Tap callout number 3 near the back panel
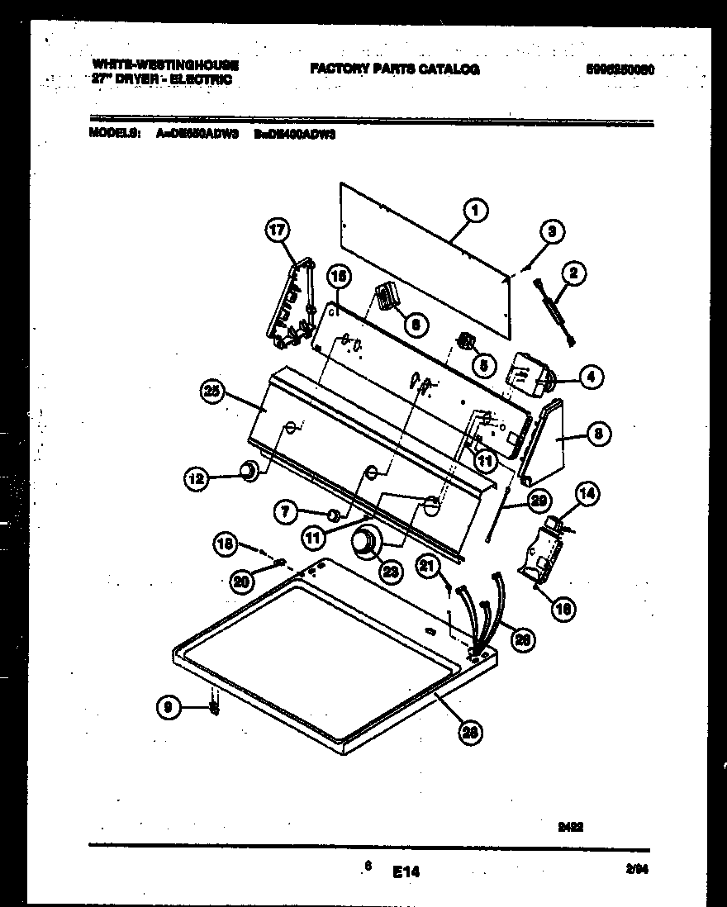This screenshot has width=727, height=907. coord(553,232)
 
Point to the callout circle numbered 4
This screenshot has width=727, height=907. coord(590,378)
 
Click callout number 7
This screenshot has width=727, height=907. coord(286,512)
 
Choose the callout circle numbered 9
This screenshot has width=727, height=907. coord(168,706)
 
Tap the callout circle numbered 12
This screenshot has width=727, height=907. coord(196,477)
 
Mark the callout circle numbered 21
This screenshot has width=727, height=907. coord(426,567)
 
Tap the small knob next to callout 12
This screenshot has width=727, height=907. coord(246,472)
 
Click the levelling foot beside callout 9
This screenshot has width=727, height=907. coord(214,708)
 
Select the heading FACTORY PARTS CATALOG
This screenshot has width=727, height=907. coord(395,69)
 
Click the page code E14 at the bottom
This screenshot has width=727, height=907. coord(407,871)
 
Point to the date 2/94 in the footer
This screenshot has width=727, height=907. coord(635,868)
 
